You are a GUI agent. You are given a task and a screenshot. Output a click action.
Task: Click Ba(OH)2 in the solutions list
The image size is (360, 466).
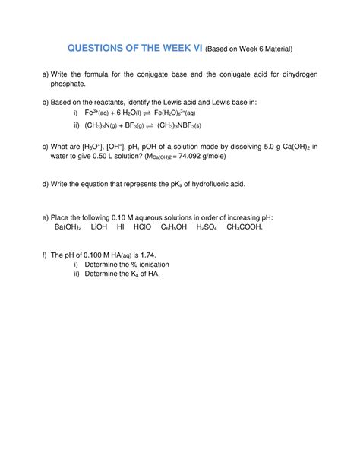72,227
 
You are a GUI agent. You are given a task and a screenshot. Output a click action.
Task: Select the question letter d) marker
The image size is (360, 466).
46,183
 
